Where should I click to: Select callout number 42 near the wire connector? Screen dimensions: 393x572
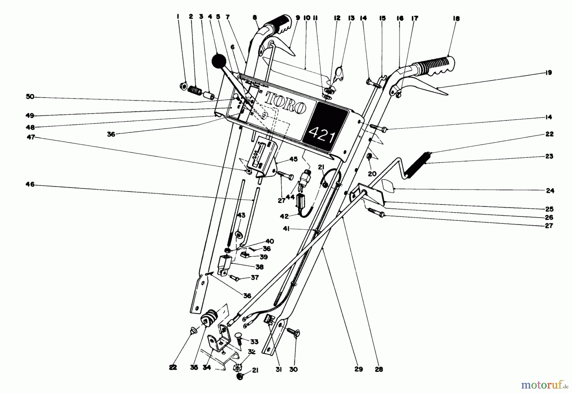pyautogui.click(x=284, y=216)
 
